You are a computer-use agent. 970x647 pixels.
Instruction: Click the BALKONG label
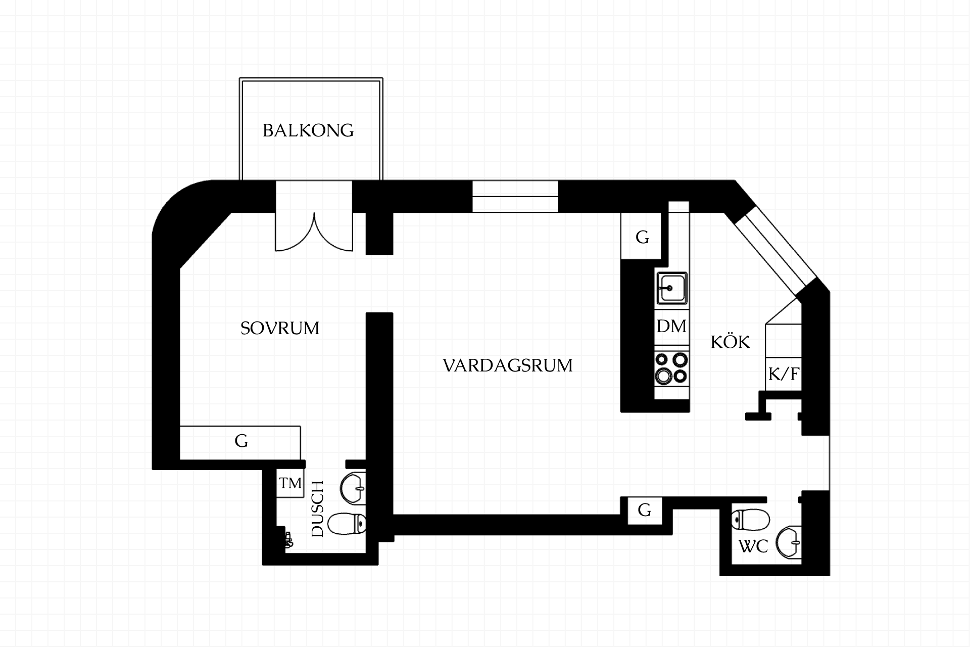(308, 130)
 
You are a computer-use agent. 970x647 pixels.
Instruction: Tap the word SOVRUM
(280, 329)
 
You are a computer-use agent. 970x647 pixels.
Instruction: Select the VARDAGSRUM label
(508, 365)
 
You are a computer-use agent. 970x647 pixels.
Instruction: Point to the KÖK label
(730, 342)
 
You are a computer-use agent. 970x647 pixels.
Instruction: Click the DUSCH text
(317, 509)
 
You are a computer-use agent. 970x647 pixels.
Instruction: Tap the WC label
(753, 546)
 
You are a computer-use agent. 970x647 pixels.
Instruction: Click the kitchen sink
(671, 288)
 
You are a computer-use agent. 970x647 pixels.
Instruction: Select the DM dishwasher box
(672, 327)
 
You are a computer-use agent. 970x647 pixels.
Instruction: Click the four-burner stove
(672, 368)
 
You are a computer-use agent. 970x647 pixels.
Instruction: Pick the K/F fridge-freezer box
(784, 374)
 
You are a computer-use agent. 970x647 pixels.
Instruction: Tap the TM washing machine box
(290, 484)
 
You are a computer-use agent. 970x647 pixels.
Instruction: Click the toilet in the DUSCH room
(347, 524)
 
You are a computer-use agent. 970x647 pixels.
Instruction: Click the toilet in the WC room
(751, 520)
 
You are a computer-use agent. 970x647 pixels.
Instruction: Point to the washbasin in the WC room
(789, 543)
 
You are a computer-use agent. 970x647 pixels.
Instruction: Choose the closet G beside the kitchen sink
(641, 237)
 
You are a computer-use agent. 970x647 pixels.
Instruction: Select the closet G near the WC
(645, 511)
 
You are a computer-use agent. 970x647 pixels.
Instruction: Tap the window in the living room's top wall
(515, 196)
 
